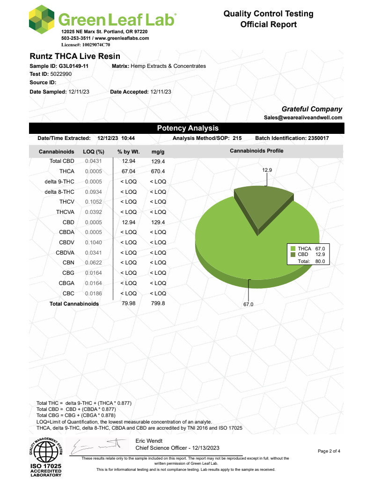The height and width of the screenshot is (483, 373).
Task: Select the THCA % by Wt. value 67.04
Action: [x=129, y=171]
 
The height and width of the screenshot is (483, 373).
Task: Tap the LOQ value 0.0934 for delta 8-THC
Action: [x=93, y=191]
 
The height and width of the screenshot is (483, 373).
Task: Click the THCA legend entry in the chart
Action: [x=308, y=249]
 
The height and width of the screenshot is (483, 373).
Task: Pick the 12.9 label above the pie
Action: [x=267, y=170]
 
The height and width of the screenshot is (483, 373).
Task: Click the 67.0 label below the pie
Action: [x=248, y=305]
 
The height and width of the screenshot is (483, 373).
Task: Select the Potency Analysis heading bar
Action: [x=187, y=128]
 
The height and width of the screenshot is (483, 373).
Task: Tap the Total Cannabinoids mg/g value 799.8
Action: [x=158, y=303]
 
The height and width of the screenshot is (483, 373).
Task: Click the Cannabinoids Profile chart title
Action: [x=256, y=151]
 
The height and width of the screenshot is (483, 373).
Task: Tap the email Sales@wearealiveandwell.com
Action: [x=303, y=118]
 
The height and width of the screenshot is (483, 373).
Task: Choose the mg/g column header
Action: [x=158, y=152]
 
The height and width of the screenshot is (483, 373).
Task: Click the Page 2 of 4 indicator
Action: [x=332, y=451]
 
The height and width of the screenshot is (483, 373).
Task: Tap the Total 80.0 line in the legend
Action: [x=312, y=261]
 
